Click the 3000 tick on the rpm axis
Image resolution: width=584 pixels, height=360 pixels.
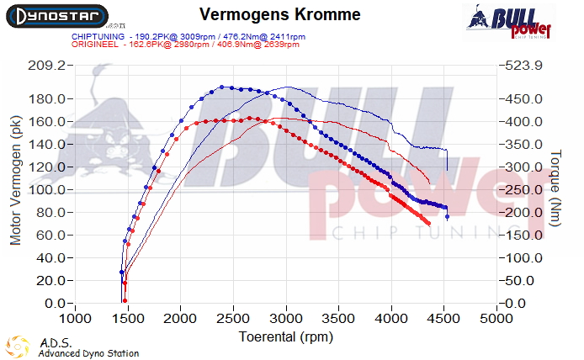coord(286,320)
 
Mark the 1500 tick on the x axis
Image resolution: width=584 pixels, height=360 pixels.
coord(128,320)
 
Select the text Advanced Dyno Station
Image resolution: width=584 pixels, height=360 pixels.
coord(88,353)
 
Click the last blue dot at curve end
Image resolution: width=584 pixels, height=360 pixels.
coord(447,217)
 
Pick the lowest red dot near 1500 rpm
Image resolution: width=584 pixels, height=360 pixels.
coord(125,300)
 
